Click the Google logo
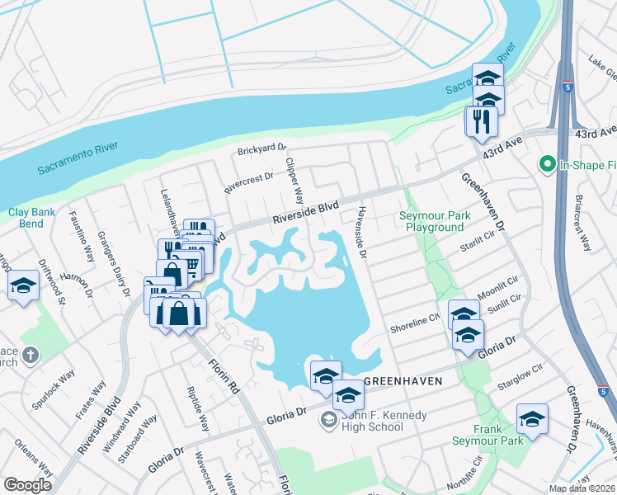[27, 485]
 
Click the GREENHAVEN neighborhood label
[399, 381]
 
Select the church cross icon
[30, 356]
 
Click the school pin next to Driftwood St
[23, 287]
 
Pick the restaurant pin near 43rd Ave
[479, 121]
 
